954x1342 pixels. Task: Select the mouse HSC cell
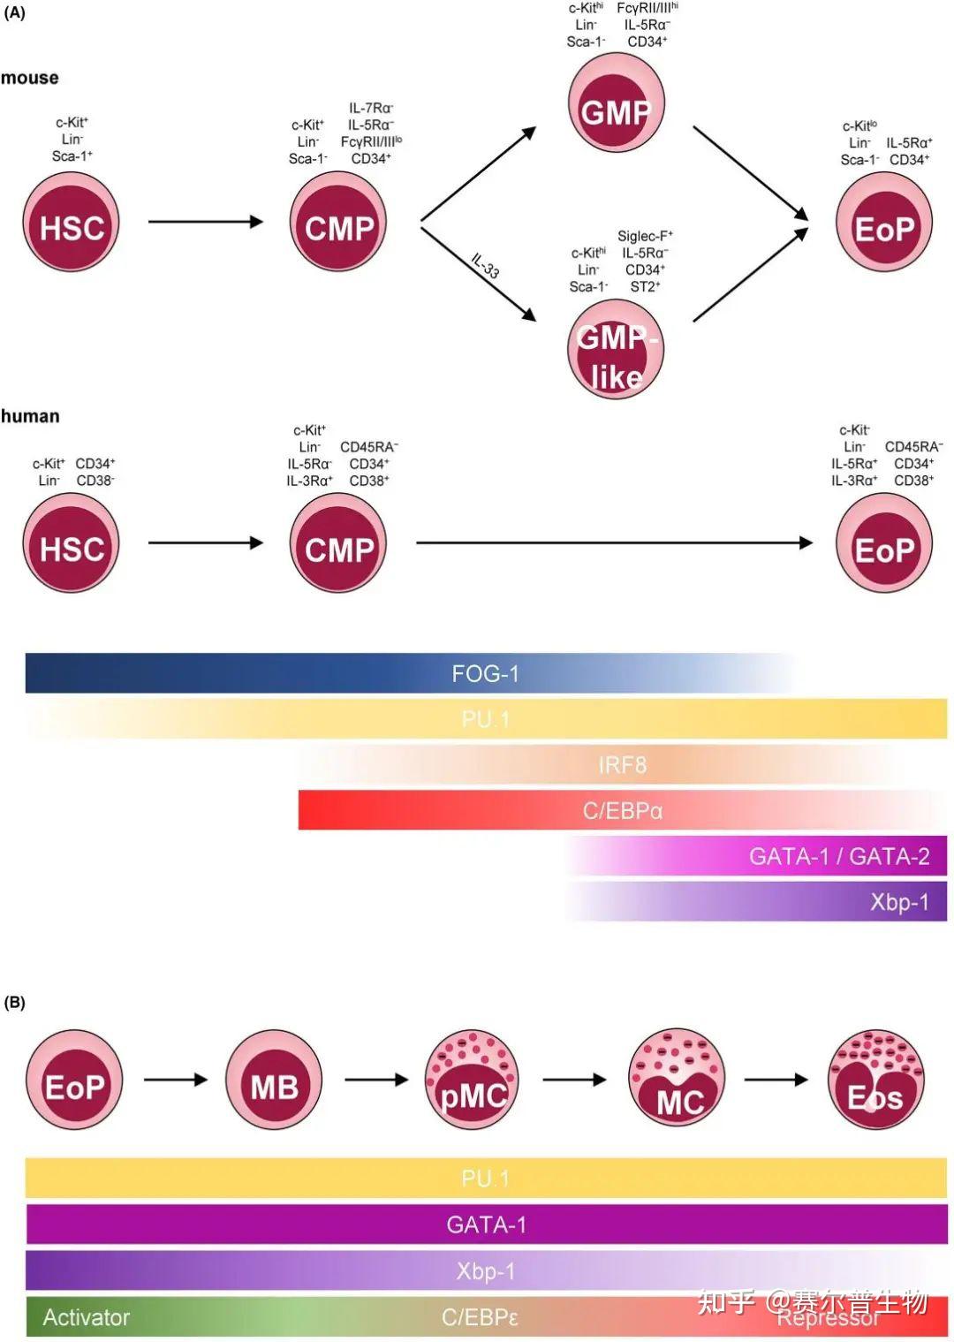[71, 223]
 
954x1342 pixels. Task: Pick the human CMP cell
[338, 543]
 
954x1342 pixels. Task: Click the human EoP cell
[883, 543]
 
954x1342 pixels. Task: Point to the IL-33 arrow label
[485, 266]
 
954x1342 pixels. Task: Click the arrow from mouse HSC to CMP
[205, 221]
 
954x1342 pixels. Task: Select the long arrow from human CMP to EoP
[613, 542]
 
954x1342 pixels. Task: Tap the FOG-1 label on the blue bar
[485, 674]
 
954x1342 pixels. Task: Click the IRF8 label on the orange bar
[622, 765]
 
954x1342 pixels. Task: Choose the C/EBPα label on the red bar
[622, 810]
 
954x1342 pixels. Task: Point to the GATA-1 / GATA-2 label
[838, 856]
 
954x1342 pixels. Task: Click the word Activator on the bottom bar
[86, 1317]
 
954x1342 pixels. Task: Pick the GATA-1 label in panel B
[486, 1224]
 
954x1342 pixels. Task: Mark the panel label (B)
[15, 1002]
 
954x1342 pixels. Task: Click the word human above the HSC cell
[30, 416]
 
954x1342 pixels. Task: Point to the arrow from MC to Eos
[776, 1079]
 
